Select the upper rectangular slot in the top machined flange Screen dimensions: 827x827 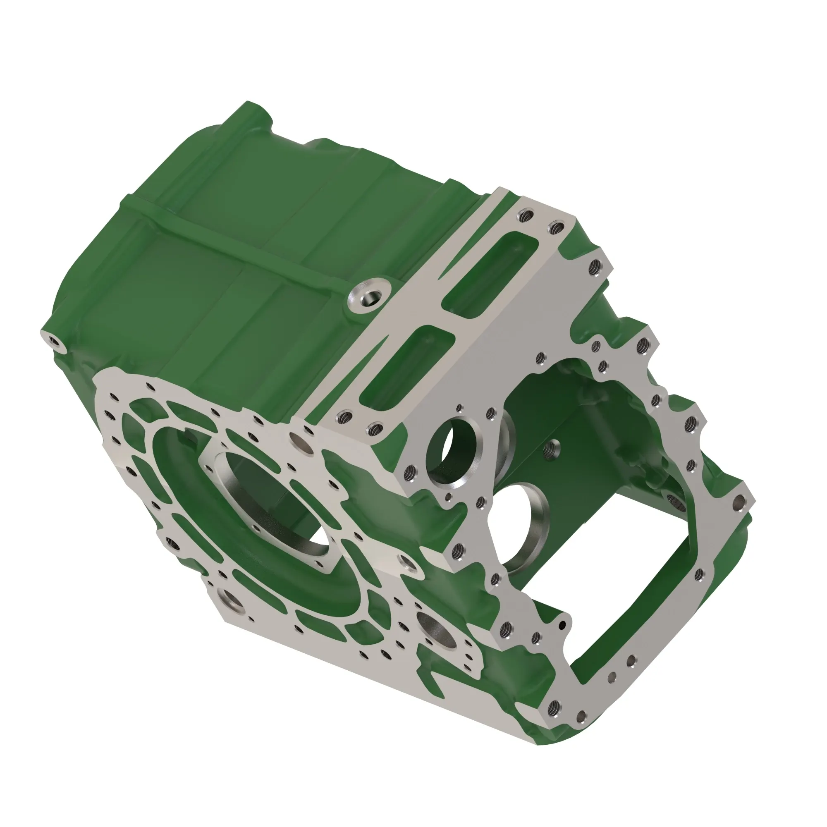coord(490,272)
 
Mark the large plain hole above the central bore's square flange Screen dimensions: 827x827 coord(297,438)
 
